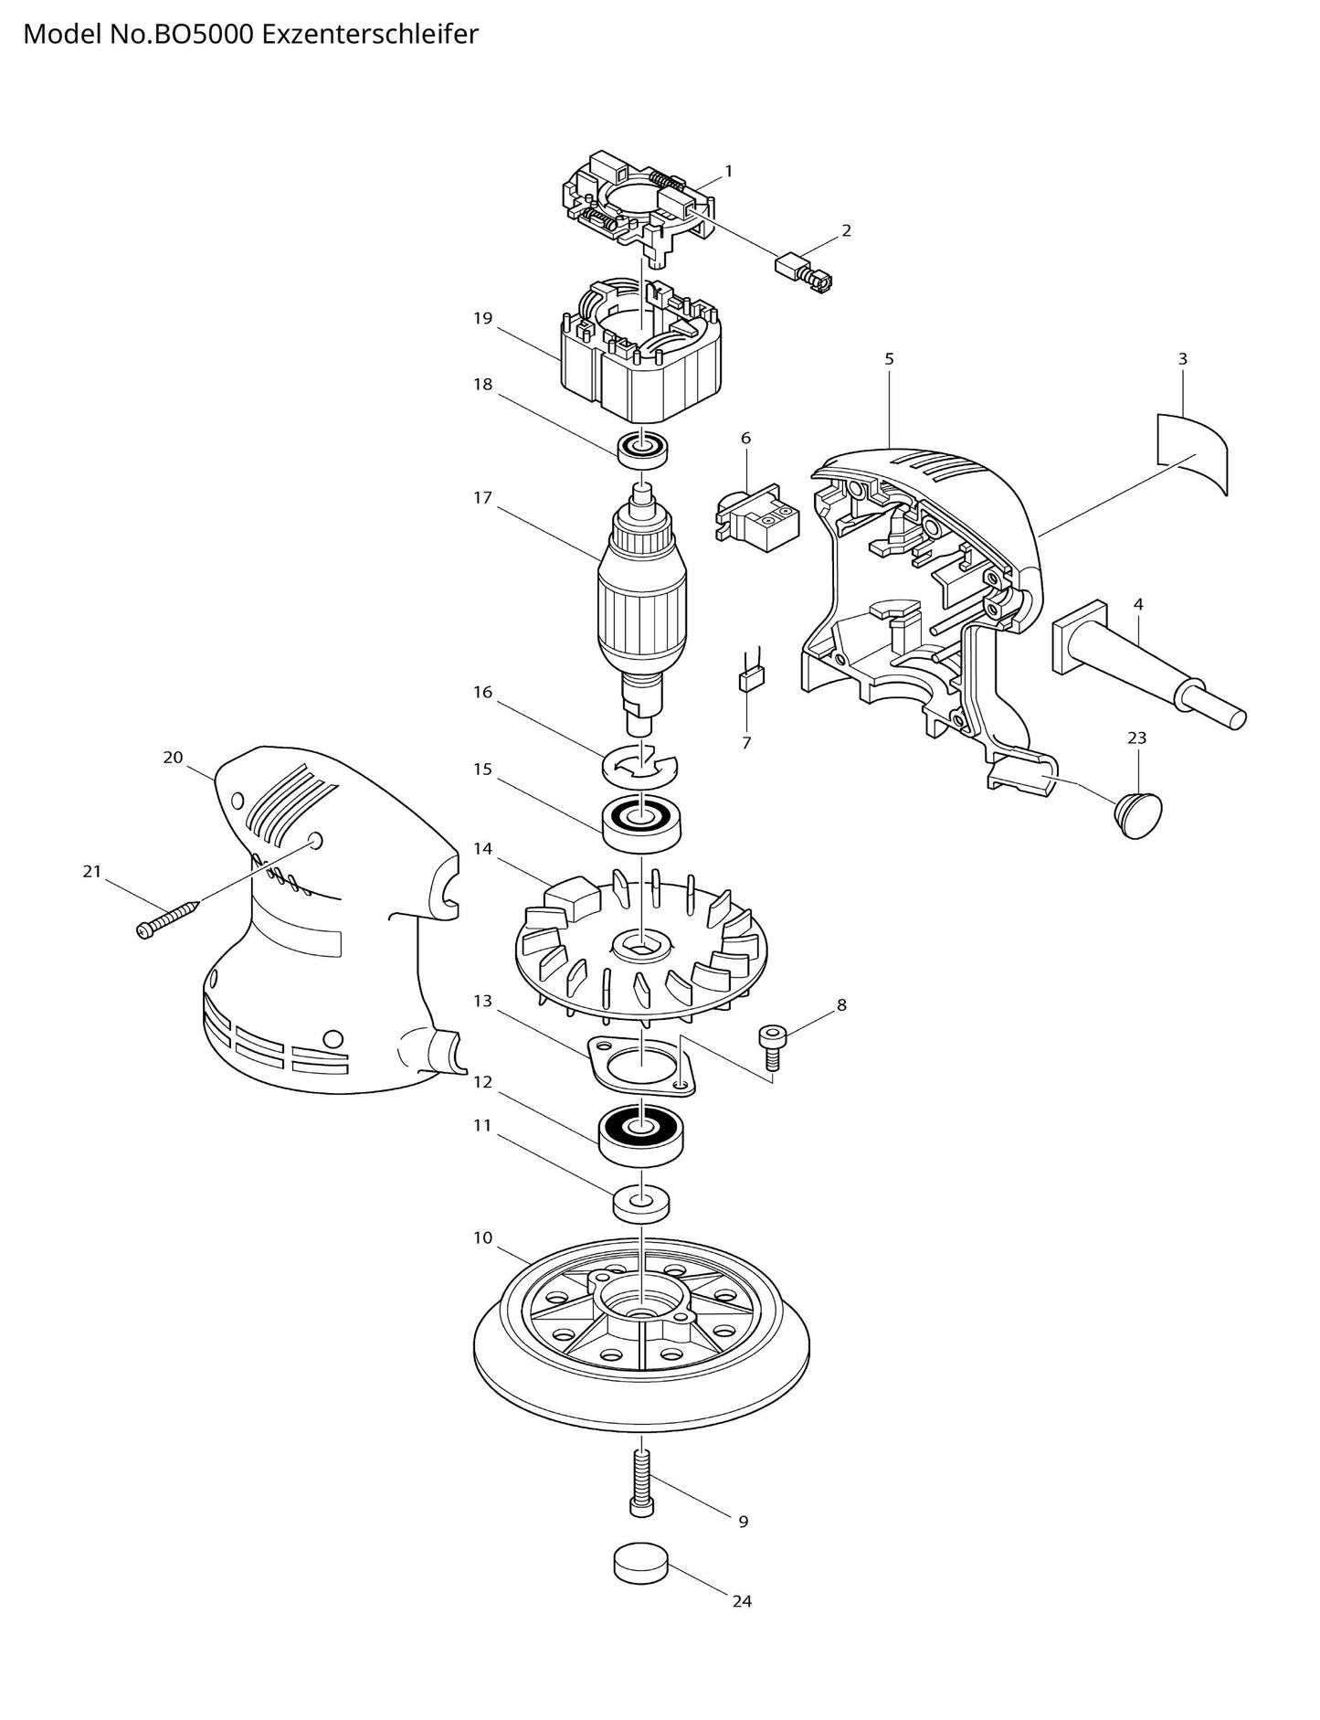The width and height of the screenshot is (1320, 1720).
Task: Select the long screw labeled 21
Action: click(168, 918)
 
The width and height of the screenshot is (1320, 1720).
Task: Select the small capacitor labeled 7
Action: click(752, 679)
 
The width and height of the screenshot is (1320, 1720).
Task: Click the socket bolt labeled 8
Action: click(769, 1044)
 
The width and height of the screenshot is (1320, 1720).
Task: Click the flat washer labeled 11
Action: click(641, 1203)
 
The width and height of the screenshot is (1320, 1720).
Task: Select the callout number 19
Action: click(483, 318)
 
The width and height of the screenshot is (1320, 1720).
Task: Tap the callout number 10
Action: click(482, 1237)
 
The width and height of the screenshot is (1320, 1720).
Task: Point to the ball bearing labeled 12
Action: click(641, 1133)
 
